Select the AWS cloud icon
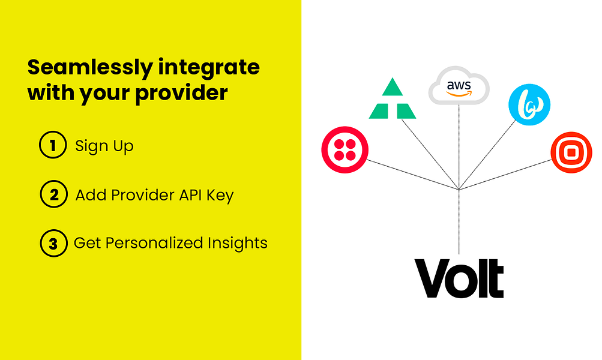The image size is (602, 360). coord(459,88)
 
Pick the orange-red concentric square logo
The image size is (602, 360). coord(571,153)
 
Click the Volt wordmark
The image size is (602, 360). coord(459,277)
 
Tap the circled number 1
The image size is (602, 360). coord(52,146)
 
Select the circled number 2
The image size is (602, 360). coord(53,195)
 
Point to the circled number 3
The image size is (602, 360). coord(53,244)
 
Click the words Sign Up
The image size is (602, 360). coord(104,146)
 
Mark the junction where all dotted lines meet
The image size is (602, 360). coord(459,190)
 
